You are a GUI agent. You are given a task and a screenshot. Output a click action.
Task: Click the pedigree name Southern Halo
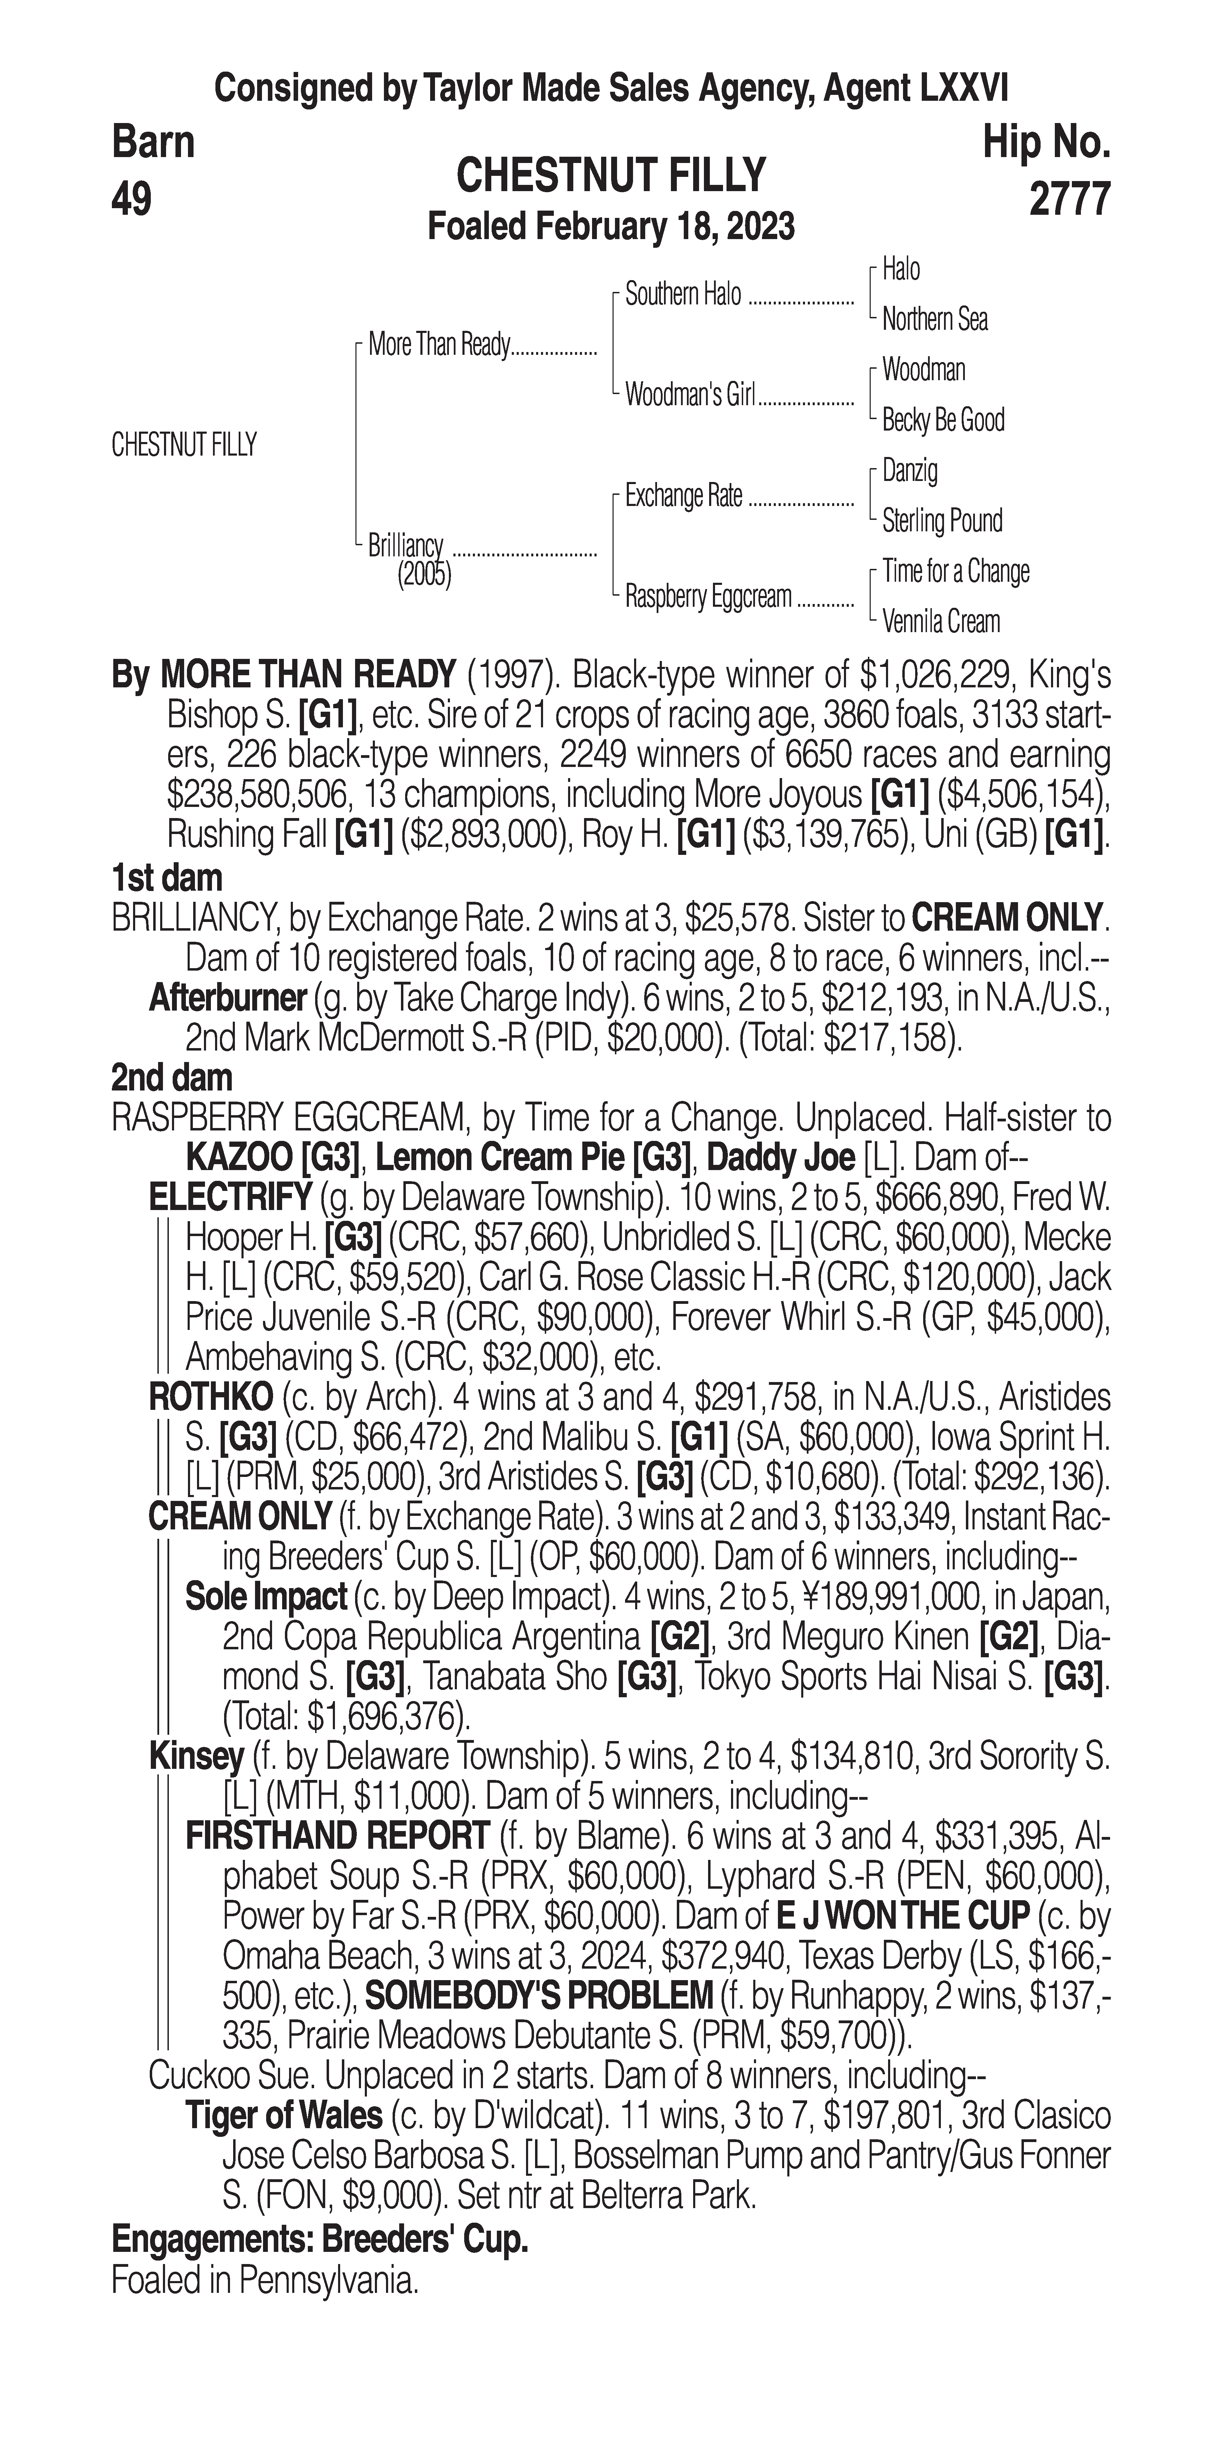click(683, 295)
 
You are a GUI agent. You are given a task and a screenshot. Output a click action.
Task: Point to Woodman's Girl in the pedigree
click(689, 395)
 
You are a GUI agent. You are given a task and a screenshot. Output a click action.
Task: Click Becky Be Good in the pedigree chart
click(942, 420)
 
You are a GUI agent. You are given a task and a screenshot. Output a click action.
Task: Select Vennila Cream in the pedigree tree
click(941, 622)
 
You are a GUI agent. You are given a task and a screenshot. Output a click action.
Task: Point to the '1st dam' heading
click(167, 878)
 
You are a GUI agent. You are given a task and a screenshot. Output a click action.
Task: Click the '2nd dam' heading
click(172, 1078)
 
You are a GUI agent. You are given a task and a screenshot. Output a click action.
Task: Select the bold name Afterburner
click(228, 999)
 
